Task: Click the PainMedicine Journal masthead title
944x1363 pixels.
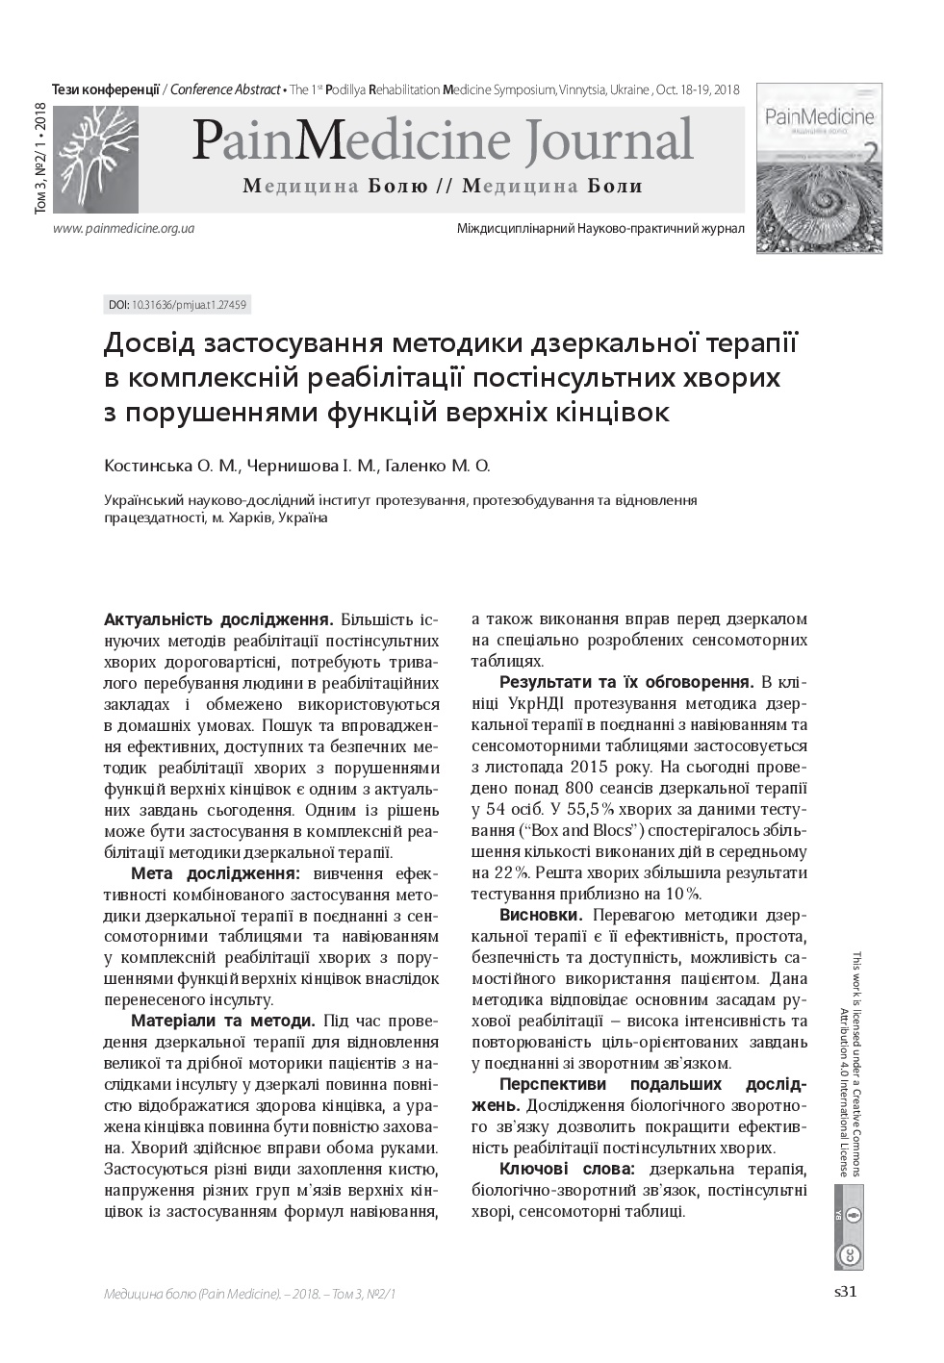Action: pos(442,140)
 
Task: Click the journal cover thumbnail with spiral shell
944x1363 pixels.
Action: pos(818,169)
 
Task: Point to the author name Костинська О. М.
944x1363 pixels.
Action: pos(170,467)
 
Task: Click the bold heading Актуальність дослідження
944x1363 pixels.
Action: pos(218,618)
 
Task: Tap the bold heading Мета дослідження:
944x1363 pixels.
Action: pos(215,873)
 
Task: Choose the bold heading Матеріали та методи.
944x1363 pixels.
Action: pos(222,1021)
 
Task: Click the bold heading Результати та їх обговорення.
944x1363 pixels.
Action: pos(625,682)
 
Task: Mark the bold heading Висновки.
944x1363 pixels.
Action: pos(540,915)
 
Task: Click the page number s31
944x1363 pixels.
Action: pos(844,1292)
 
